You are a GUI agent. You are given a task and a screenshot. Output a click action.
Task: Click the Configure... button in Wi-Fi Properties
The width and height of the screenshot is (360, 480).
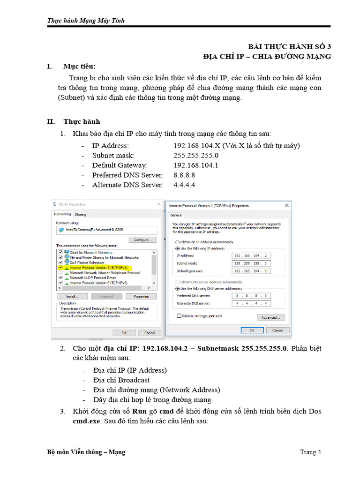coord(142,240)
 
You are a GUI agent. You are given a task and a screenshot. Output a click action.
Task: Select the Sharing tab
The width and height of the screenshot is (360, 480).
coord(81,214)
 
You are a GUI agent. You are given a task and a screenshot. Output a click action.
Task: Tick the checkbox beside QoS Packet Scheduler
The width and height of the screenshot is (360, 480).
coord(60,262)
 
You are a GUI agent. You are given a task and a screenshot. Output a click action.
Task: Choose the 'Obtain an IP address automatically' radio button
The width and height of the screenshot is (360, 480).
coord(178,242)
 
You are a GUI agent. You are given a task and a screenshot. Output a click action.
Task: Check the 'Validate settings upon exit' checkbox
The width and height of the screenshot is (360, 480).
coord(179,316)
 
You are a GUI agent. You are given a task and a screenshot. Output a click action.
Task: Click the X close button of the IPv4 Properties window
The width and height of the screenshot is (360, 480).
coord(286,205)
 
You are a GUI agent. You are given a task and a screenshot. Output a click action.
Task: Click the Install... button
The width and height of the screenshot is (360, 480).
coord(72,296)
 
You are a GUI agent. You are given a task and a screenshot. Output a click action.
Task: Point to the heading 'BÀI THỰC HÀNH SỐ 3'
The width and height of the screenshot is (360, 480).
coord(290,46)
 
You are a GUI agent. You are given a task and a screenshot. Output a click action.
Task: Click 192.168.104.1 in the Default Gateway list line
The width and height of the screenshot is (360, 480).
coord(195,165)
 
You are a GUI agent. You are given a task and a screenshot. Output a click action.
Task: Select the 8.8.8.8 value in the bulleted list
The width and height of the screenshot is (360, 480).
coord(184,175)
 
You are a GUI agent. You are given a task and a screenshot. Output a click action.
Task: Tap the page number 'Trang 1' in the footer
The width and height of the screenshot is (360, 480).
coord(310,452)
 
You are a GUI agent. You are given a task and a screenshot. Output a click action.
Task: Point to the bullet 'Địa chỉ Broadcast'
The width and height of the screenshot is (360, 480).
coord(121,380)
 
